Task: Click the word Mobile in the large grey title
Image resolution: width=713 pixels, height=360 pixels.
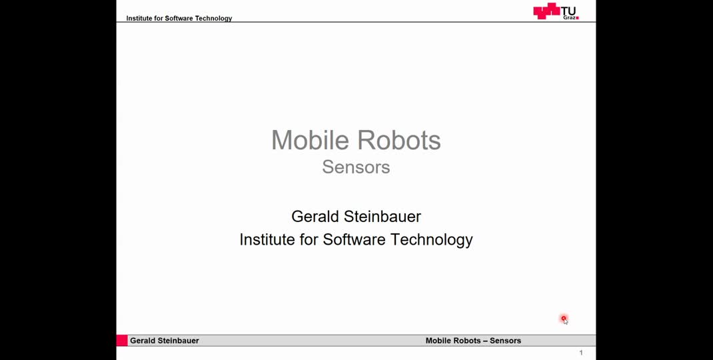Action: (x=311, y=141)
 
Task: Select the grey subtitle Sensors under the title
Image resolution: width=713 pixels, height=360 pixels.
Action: (x=356, y=167)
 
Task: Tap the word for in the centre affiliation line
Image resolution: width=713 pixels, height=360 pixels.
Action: (x=309, y=239)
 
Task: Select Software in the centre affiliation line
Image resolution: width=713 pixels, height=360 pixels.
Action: (x=355, y=239)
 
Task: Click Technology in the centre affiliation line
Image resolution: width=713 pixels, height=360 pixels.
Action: (x=432, y=239)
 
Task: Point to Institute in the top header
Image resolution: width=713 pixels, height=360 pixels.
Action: (x=141, y=18)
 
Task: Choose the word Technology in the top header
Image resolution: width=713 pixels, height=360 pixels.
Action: (x=213, y=18)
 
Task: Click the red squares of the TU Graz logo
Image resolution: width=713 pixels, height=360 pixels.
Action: (x=546, y=11)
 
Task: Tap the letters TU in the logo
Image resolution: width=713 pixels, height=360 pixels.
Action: (x=568, y=10)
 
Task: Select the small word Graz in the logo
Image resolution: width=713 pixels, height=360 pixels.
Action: (x=570, y=17)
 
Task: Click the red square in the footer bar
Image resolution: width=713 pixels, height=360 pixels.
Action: (x=122, y=341)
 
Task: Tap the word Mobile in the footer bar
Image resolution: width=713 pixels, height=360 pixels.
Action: (x=438, y=341)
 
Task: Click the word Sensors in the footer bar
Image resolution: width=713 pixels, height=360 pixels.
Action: (x=506, y=341)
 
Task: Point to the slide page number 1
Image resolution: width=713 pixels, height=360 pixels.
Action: (x=581, y=353)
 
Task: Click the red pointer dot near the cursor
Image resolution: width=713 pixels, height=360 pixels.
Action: (x=563, y=319)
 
